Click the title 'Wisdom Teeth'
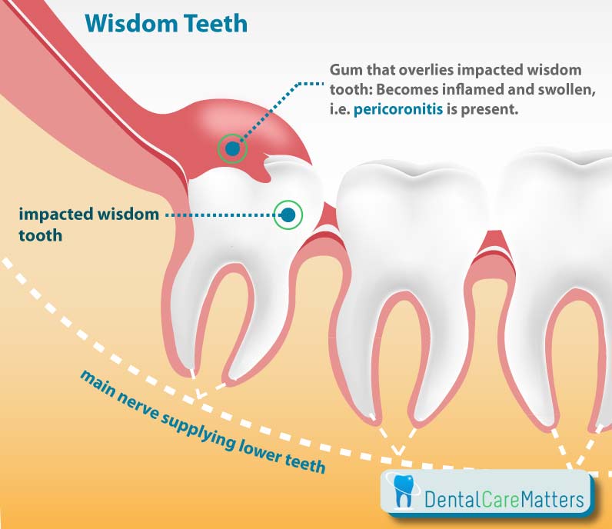coord(166,23)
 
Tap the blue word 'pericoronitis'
coord(398,109)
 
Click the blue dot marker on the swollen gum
coord(233,148)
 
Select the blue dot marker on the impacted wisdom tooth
coord(288,215)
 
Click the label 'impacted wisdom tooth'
coord(89,225)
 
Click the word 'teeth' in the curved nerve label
coord(304,462)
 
